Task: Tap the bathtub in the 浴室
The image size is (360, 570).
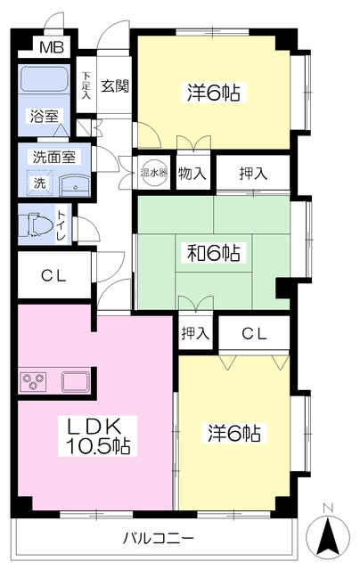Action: [x=47, y=86]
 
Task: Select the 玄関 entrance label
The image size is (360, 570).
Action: [x=115, y=86]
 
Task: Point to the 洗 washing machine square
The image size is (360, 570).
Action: [x=40, y=183]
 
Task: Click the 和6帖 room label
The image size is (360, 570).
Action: [x=213, y=253]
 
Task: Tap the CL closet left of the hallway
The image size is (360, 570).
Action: [x=53, y=275]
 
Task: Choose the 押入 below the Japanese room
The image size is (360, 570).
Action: [x=194, y=334]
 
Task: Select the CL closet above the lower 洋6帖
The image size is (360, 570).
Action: [x=255, y=334]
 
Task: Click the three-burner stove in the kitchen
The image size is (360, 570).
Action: [x=36, y=383]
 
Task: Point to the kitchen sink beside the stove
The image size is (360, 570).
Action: [x=75, y=383]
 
